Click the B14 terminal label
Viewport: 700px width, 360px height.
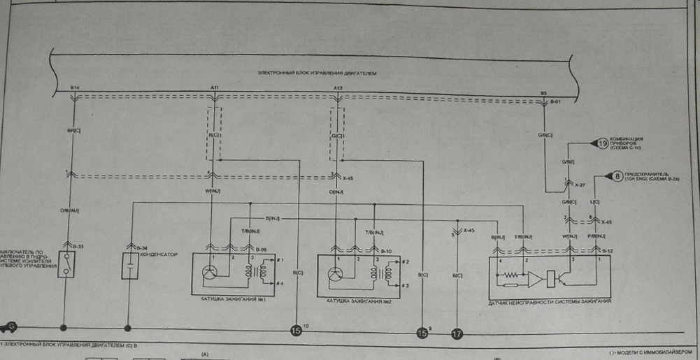click(x=75, y=87)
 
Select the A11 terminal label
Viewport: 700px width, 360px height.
click(x=215, y=87)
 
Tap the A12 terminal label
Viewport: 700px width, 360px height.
click(x=338, y=87)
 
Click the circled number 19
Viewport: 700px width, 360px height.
click(x=605, y=144)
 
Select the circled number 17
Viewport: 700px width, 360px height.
click(x=457, y=334)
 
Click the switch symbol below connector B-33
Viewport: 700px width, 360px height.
click(x=66, y=267)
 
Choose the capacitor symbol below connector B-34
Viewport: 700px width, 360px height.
click(x=129, y=267)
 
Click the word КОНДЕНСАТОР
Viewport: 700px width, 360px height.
click(x=160, y=254)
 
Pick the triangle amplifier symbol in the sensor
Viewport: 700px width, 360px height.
click(x=534, y=280)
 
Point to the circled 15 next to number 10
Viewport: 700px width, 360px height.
click(x=295, y=331)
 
